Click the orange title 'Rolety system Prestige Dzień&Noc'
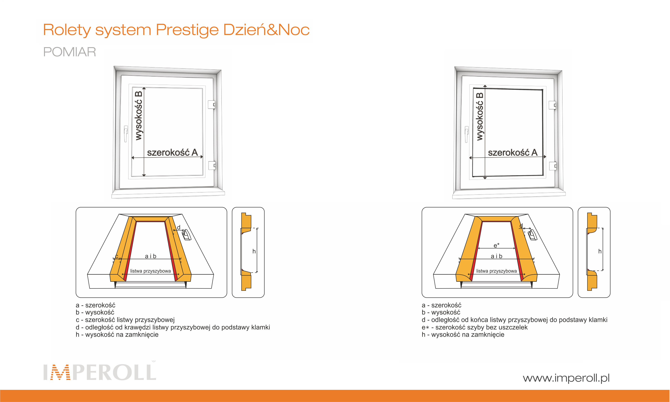[176, 30]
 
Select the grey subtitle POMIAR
[70, 52]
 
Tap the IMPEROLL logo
[100, 372]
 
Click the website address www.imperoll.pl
[566, 378]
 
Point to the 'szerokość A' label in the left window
[172, 153]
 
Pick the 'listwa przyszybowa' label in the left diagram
[150, 271]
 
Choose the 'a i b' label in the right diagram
[497, 256]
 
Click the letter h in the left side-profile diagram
[254, 251]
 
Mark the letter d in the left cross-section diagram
[179, 227]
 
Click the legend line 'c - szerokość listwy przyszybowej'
[125, 320]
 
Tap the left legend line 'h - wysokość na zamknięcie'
[117, 335]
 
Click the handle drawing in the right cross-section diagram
[532, 235]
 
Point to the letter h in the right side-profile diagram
[600, 251]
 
